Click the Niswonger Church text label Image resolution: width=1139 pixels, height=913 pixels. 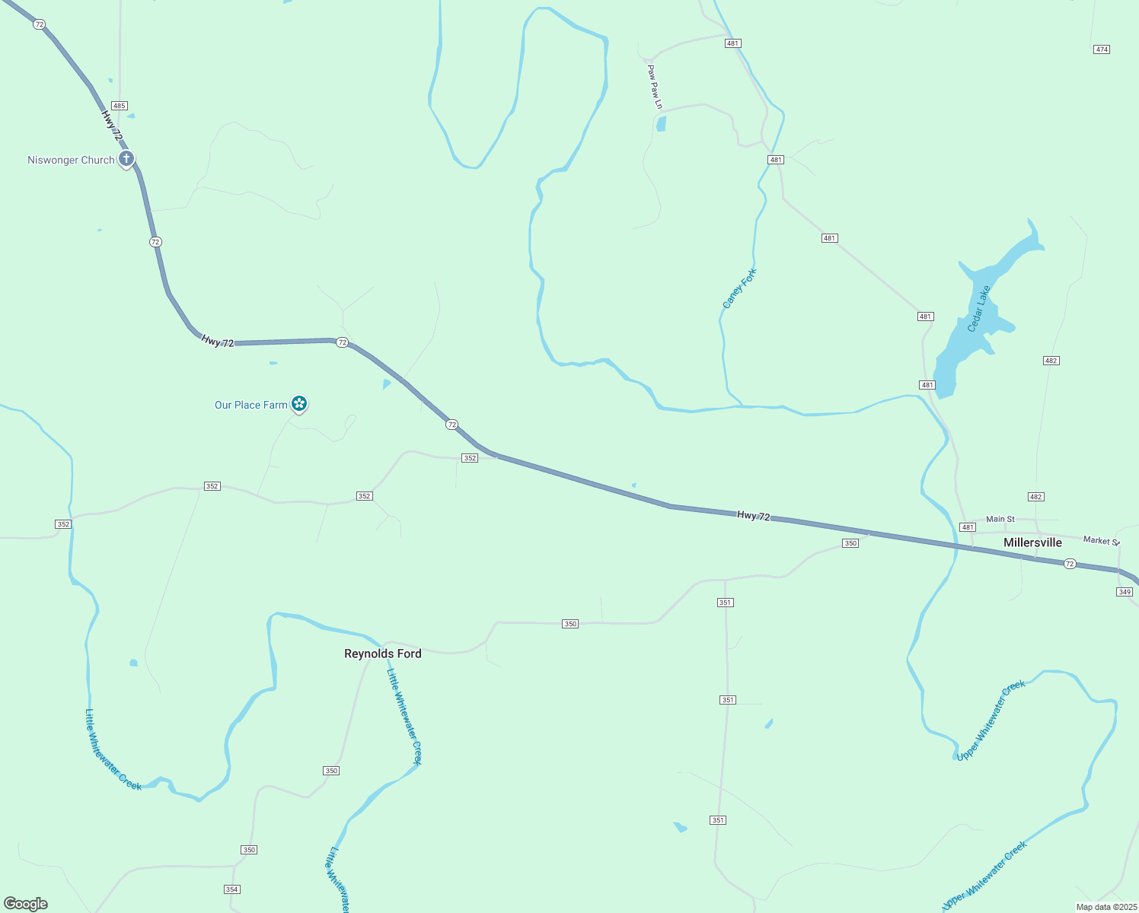click(x=71, y=160)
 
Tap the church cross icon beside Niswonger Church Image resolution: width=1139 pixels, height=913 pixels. click(x=126, y=159)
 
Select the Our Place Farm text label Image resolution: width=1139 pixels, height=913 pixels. click(x=250, y=405)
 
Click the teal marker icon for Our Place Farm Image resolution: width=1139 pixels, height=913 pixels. click(x=299, y=403)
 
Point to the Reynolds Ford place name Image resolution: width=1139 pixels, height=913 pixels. click(x=382, y=654)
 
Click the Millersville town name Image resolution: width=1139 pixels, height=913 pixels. click(x=1032, y=542)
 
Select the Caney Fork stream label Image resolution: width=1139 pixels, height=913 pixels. click(x=739, y=288)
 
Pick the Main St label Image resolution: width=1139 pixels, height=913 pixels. click(x=1000, y=519)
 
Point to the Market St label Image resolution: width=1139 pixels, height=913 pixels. click(x=1101, y=540)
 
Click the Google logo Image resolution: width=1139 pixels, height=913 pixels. click(x=26, y=904)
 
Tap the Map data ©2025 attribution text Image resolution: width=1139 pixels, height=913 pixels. click(x=1105, y=907)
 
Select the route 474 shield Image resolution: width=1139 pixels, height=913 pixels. click(x=1102, y=49)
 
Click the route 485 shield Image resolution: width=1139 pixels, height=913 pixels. click(x=119, y=106)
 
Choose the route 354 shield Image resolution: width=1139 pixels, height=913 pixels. click(x=232, y=889)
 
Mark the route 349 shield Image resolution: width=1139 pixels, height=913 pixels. click(x=1125, y=592)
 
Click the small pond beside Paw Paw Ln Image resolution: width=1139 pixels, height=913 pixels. click(x=661, y=123)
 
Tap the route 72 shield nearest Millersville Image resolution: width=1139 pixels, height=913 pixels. click(x=1070, y=564)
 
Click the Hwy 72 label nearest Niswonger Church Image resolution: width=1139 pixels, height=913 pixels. click(x=111, y=125)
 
